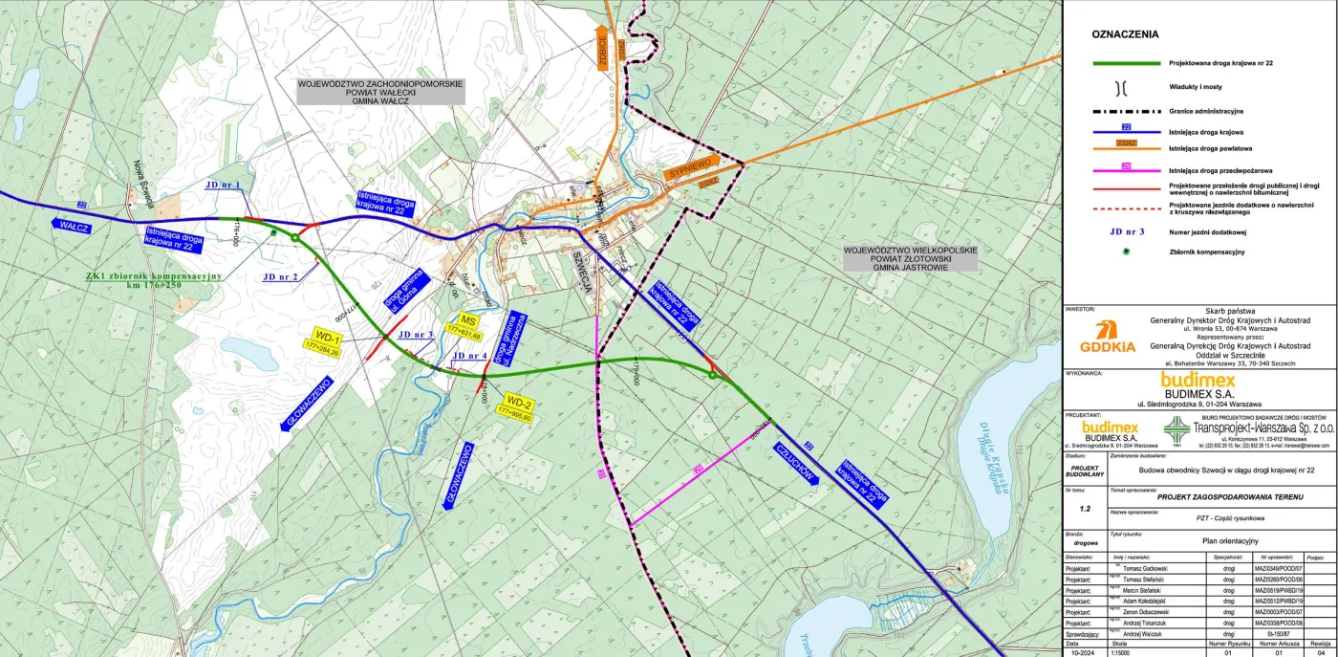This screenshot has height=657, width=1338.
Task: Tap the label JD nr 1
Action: (224, 185)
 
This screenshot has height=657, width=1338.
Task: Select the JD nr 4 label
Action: (469, 356)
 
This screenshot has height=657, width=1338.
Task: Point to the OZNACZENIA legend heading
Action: (1125, 34)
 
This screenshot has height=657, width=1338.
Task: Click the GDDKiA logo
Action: (1108, 337)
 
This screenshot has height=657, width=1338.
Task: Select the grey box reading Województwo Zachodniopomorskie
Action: (379, 91)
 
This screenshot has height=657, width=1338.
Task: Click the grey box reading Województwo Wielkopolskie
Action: (910, 257)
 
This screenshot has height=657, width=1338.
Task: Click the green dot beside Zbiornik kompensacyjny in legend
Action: (1125, 251)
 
